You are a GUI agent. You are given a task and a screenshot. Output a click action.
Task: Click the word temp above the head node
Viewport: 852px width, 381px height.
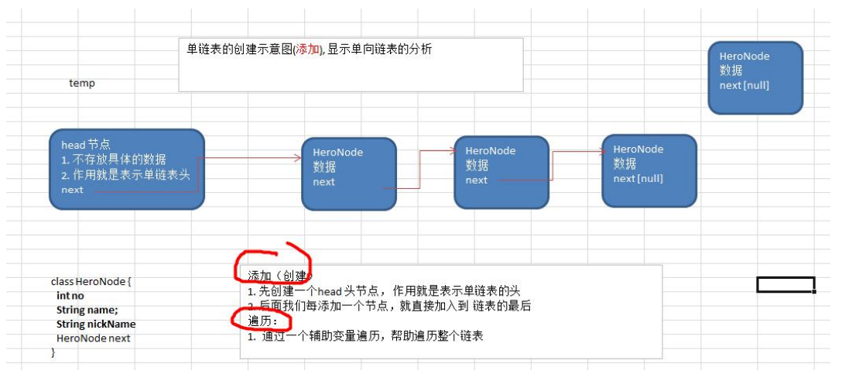(x=82, y=83)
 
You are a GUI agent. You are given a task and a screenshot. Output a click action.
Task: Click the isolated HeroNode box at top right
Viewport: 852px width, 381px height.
(x=755, y=77)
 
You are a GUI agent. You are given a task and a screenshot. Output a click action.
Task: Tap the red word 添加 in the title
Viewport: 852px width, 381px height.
(x=307, y=50)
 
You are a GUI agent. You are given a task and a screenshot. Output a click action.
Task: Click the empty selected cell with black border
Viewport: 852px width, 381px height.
(x=785, y=285)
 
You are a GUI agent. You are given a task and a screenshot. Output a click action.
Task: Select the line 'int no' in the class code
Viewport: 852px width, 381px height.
(x=70, y=296)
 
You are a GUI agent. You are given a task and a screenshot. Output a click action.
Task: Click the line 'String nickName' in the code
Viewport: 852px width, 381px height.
(x=95, y=324)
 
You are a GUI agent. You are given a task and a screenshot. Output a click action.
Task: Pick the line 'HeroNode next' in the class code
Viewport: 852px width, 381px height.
(x=93, y=338)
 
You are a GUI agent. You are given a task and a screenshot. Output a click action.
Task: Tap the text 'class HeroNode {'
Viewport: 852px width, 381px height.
(x=91, y=282)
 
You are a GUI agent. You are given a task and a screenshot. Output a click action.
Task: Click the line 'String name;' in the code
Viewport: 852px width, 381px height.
(x=87, y=310)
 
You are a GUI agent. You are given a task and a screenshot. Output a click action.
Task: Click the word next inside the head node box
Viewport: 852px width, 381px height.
(x=72, y=190)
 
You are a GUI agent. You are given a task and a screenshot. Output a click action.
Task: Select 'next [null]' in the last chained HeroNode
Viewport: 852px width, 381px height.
(x=638, y=179)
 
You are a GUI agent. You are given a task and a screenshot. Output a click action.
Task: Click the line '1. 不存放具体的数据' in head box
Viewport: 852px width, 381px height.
(x=113, y=160)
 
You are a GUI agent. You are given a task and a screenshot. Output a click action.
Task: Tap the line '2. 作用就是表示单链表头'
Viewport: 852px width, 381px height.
(x=125, y=175)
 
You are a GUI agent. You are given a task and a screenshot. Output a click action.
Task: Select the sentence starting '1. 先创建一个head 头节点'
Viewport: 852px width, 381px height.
(x=384, y=291)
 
